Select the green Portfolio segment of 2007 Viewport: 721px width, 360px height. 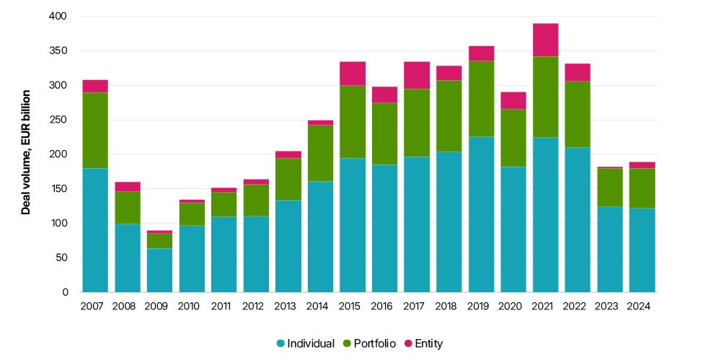coord(95,131)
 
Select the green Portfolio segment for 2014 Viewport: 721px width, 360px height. coord(320,153)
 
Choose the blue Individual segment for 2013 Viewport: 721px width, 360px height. coord(288,246)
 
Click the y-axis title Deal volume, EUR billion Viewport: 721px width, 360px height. coord(26,152)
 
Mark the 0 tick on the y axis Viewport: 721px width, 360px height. coord(65,292)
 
